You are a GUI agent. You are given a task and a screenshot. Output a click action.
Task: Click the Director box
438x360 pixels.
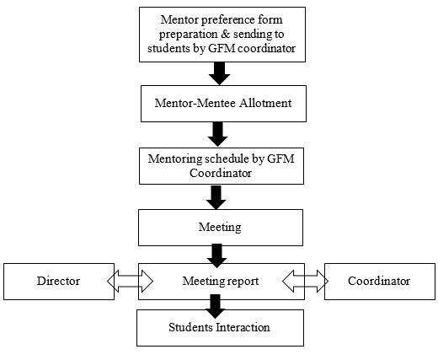coord(59,282)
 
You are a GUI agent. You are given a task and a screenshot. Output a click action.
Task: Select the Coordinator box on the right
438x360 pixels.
coord(380,282)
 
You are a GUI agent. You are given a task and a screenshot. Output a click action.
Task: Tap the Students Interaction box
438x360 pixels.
coord(220,328)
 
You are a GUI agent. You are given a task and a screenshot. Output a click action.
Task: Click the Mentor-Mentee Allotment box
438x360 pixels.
coord(223,104)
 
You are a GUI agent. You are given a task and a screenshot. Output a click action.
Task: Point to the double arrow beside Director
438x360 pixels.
coord(130,281)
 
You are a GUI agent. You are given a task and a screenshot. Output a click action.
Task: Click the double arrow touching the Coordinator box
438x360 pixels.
coord(305,281)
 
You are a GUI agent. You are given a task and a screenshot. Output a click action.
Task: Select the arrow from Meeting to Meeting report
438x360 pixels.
coord(216,255)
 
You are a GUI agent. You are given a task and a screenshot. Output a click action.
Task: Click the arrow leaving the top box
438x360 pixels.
coord(220,73)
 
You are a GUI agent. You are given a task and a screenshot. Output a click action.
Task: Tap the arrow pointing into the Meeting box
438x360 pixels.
coord(216,197)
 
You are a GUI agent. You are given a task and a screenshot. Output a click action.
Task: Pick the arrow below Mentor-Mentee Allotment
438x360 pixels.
coord(217,134)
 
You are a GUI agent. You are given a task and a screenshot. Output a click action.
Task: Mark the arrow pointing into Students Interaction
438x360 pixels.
coord(216,306)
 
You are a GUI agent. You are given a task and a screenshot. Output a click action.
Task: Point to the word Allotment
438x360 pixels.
coord(265,103)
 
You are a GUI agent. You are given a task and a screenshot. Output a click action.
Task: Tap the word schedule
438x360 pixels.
coord(226,159)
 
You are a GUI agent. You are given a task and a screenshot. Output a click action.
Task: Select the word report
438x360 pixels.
coord(243,282)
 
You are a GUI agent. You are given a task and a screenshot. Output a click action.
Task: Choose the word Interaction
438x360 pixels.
coord(243,327)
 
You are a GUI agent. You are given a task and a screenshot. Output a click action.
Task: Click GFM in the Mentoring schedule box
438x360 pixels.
coord(280,159)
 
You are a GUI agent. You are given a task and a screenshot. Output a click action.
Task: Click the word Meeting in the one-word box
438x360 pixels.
coord(220,227)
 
